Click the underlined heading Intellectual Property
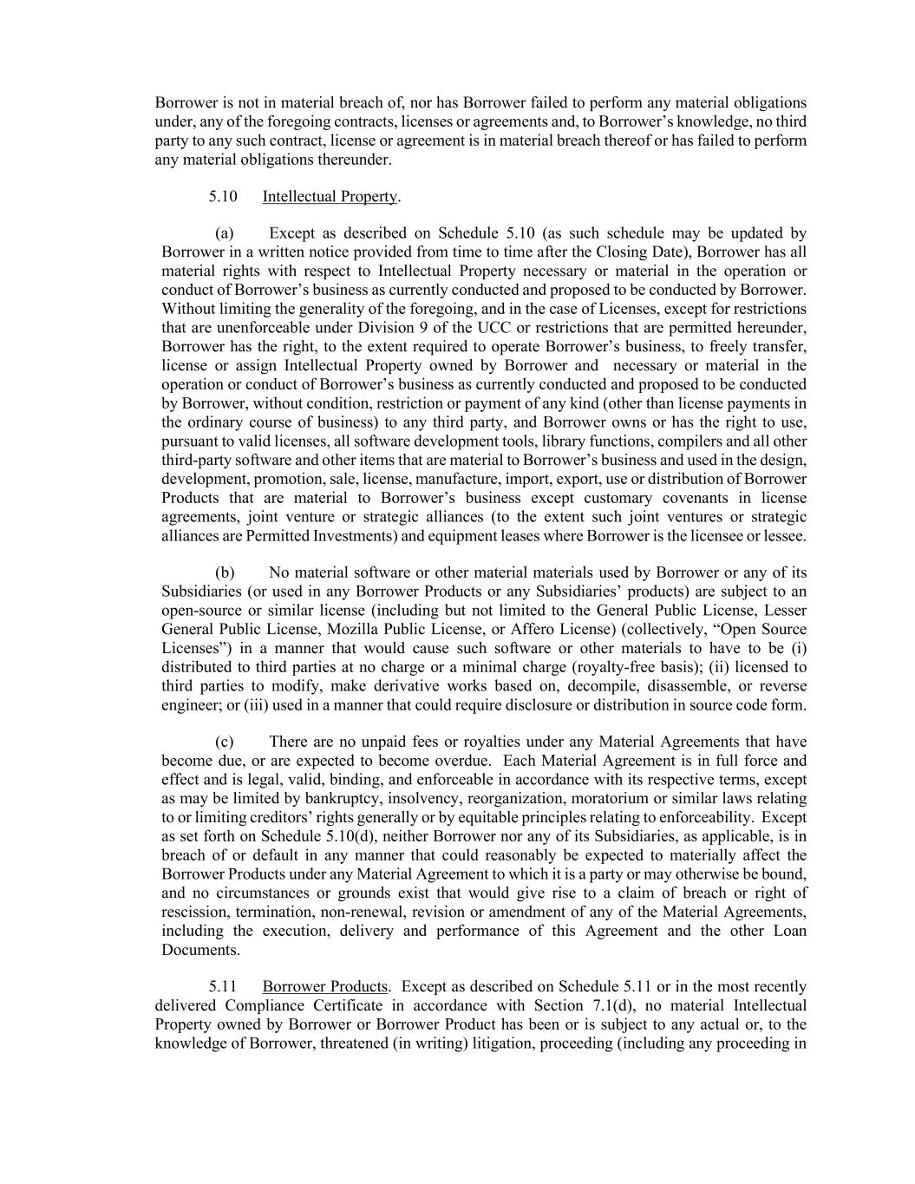330,197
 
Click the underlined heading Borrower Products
324,987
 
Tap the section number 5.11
223,987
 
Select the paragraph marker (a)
225,233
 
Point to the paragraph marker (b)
225,572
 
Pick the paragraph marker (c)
225,742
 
